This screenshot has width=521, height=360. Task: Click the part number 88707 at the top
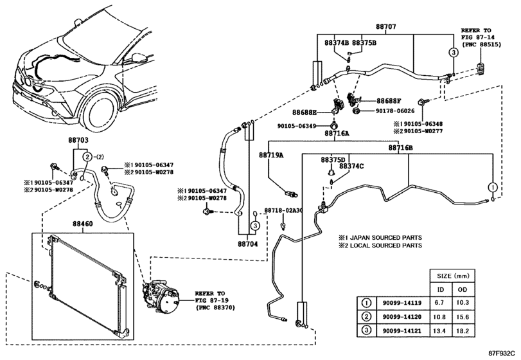tap(385, 28)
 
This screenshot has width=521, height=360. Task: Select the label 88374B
tap(337, 43)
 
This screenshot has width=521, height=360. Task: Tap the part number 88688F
tap(389, 101)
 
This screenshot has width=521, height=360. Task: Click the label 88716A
tap(337, 134)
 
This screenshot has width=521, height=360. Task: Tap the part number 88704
tap(247, 244)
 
